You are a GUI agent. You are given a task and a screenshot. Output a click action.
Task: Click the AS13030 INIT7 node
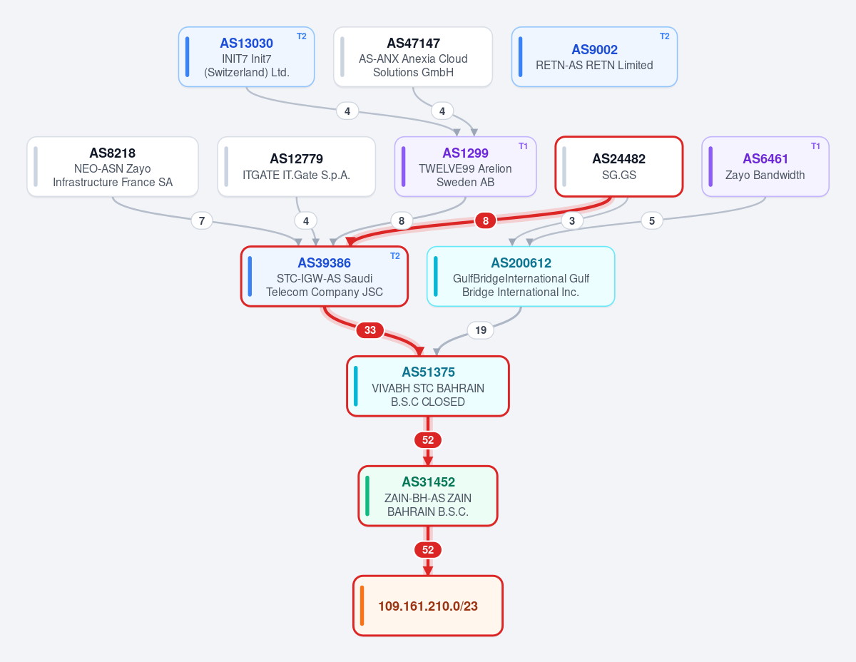tap(246, 56)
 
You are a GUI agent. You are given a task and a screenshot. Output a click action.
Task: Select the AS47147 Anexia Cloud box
tap(413, 56)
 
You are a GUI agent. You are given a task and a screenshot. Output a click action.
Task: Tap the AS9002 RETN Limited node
tap(594, 56)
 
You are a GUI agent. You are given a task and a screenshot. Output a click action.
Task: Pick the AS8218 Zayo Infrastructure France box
tap(113, 167)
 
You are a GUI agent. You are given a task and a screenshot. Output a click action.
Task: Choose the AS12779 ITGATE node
tap(296, 167)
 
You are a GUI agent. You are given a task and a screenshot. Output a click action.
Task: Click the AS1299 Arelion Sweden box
tap(465, 167)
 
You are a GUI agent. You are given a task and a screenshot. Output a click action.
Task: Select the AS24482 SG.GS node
tap(619, 167)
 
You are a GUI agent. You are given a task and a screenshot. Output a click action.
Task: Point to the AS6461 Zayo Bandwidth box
tap(765, 167)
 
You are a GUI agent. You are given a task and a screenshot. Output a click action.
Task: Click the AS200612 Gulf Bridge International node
tap(521, 277)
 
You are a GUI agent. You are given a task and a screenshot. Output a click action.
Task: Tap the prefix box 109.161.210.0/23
tap(428, 606)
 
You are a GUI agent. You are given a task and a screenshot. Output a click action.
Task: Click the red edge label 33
tap(370, 330)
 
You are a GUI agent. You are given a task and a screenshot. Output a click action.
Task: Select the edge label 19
tap(481, 330)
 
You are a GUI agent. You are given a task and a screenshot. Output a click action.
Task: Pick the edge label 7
tap(202, 220)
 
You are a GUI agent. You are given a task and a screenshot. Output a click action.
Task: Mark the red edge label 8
tap(485, 220)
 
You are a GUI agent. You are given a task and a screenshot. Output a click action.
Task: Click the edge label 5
tap(652, 220)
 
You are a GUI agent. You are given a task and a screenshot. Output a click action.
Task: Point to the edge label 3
tap(572, 220)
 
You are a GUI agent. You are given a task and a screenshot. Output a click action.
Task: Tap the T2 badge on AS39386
tap(395, 256)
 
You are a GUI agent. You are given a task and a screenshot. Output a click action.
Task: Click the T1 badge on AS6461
tap(816, 146)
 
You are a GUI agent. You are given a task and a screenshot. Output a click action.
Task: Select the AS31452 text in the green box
tap(428, 482)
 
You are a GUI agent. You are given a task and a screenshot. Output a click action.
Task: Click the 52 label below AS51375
tap(428, 440)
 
